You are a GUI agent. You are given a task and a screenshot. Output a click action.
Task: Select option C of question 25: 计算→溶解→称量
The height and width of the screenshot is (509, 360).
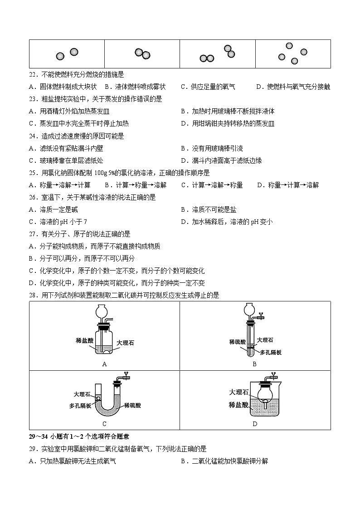coord(212,185)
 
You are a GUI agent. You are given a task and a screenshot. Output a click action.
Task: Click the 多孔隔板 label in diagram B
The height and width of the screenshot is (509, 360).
coord(271,352)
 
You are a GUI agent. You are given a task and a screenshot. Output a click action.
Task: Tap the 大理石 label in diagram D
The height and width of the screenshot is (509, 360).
coord(238,393)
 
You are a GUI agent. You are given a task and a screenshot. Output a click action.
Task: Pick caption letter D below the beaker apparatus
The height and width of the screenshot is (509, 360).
coord(255,424)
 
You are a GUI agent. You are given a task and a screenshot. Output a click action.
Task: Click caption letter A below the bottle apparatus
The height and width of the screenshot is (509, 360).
coord(104,364)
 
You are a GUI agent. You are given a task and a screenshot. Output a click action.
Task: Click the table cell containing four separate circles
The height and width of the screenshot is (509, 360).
coord(292,54)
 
